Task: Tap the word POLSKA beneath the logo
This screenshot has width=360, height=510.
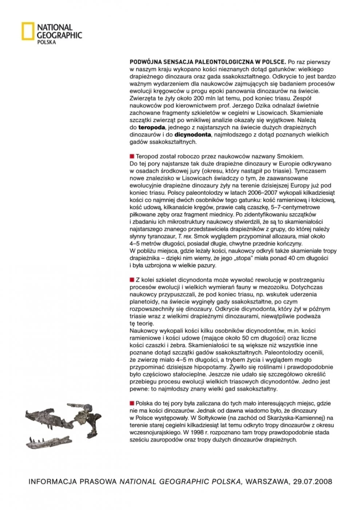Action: [47, 42]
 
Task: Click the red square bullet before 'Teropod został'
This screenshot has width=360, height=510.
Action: [132, 156]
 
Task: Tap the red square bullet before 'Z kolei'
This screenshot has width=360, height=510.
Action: [132, 280]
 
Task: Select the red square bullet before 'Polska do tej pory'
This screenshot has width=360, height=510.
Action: [132, 403]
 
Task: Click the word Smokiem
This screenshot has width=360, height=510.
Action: [289, 156]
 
